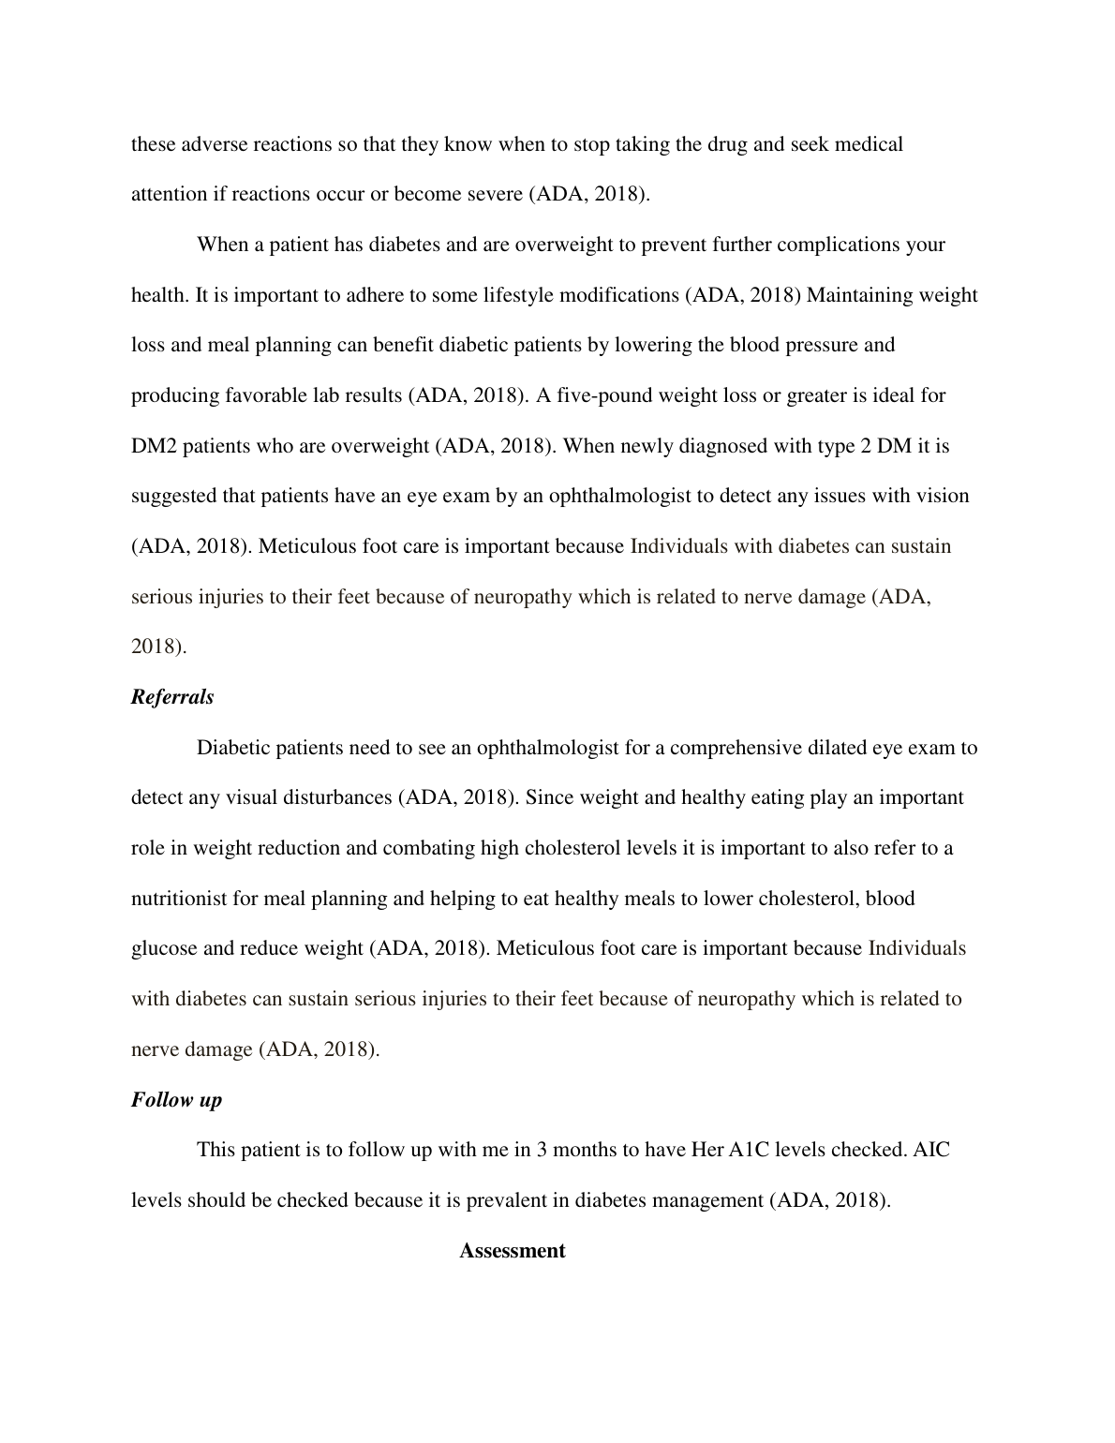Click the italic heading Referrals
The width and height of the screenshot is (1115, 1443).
point(172,697)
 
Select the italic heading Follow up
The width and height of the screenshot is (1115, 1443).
point(176,1099)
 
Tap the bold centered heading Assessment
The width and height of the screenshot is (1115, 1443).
point(512,1250)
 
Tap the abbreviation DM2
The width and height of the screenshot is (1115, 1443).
point(154,446)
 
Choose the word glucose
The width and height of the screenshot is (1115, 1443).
point(164,948)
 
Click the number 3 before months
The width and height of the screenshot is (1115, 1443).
point(542,1150)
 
